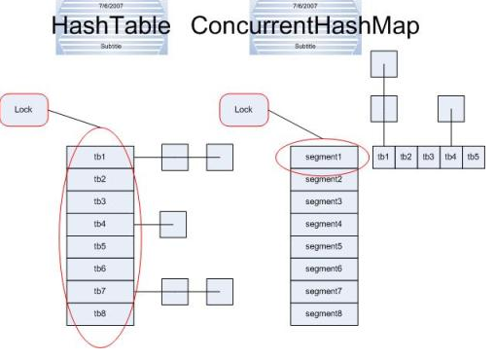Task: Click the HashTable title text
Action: coord(112,26)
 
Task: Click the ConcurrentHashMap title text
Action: coord(304,26)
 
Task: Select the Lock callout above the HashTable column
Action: coord(24,109)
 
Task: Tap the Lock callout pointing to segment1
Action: coord(243,109)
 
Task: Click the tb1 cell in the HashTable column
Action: coord(100,157)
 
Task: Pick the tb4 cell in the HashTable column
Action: coord(100,224)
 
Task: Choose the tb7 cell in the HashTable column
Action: coord(100,291)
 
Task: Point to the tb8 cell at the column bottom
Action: coord(100,313)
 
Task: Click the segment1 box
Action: coord(324,157)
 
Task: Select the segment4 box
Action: coord(324,224)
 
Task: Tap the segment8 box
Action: coord(324,313)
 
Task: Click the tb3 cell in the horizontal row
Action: coord(428,157)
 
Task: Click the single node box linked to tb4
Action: coord(172,224)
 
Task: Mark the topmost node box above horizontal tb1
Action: coord(384,64)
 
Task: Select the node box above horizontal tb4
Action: coord(450,108)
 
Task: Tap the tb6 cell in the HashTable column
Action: coord(100,269)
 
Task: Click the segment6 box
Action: coord(324,269)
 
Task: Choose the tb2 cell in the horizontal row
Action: coord(406,157)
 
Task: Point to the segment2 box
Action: coord(324,180)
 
